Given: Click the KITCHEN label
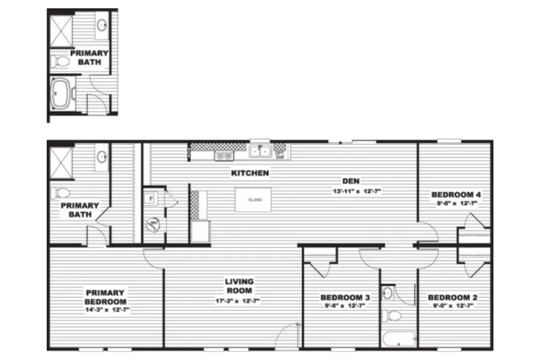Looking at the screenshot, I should click(x=250, y=173).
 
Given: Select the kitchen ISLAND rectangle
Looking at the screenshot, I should click(x=253, y=200).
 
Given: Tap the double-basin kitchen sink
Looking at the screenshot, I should click(x=260, y=152).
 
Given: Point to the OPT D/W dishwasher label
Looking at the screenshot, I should click(x=279, y=153).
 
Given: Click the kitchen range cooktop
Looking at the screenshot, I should click(x=224, y=155).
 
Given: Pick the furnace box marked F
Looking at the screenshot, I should click(x=151, y=198).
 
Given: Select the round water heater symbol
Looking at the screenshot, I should click(x=154, y=225).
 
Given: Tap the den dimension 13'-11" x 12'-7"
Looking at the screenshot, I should click(x=358, y=190).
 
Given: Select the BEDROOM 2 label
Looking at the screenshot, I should click(x=452, y=298).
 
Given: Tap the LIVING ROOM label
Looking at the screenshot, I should click(x=239, y=286).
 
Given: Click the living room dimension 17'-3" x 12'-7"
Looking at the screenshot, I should click(x=239, y=301).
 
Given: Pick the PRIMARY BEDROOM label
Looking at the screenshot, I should click(x=106, y=298).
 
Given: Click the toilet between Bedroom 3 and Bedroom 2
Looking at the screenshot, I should click(x=391, y=316).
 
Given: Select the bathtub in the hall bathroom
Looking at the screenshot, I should click(x=399, y=338).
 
